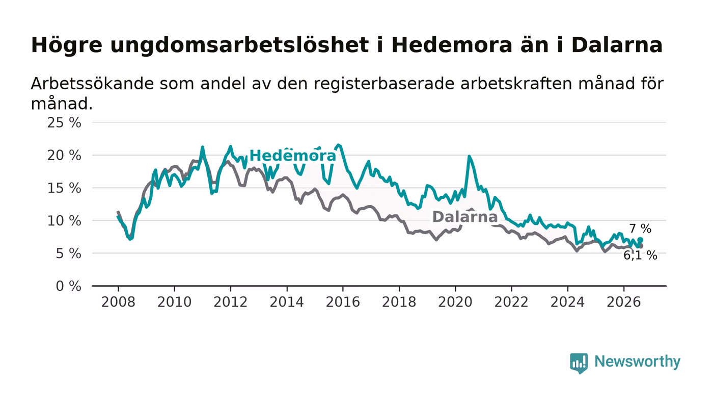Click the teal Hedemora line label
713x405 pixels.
tap(293, 156)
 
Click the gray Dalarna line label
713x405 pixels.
tap(464, 217)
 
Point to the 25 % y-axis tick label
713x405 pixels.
tap(64, 123)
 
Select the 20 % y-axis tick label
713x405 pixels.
tap(64, 156)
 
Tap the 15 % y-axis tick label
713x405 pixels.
tap(64, 188)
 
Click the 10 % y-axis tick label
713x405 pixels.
tap(64, 221)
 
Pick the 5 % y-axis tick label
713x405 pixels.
tap(68, 254)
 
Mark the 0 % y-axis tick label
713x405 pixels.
tap(68, 286)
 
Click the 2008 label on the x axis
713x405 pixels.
tap(118, 302)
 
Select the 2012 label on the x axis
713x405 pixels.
tap(230, 302)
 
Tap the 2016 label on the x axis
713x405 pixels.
tap(343, 302)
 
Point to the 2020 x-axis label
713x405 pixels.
tap(455, 302)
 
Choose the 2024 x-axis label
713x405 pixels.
tap(567, 302)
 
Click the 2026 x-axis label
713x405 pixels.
tap(623, 302)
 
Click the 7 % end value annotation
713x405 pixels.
tap(641, 229)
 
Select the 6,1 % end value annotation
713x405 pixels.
tap(640, 256)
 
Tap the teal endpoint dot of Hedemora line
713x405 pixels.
tap(640, 240)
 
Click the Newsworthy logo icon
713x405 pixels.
tap(579, 363)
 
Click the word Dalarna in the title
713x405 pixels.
tap(617, 45)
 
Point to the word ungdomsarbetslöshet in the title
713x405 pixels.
tap(239, 45)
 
